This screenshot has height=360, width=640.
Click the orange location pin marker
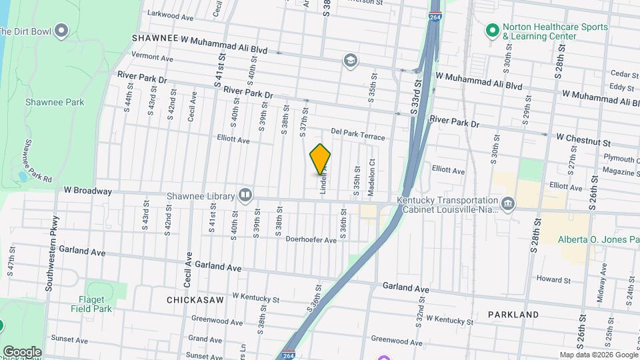click(x=320, y=159)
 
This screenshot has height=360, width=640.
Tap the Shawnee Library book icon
click(x=245, y=195)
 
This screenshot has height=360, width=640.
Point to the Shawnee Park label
click(x=64, y=102)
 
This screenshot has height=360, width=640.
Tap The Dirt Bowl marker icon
click(x=62, y=31)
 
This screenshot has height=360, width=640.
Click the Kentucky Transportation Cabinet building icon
click(x=507, y=203)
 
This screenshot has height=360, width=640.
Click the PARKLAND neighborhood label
click(x=513, y=314)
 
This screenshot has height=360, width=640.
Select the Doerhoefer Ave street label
click(x=311, y=239)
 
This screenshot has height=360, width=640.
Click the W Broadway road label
click(x=88, y=191)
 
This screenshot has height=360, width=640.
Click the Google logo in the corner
click(x=22, y=351)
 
